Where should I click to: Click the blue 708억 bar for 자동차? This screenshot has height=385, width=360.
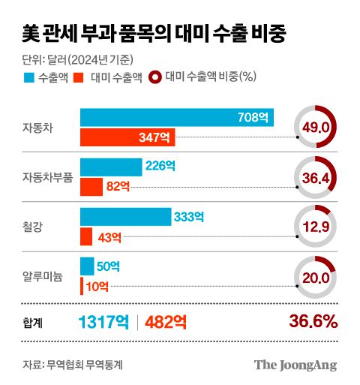177,118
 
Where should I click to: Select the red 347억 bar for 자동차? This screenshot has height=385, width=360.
128,137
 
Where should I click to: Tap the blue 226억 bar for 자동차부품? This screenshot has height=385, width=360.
111,167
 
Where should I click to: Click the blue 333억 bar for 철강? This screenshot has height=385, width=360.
125,217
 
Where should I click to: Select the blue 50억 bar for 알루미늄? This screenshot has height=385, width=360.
87,266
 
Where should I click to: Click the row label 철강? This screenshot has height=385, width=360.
36,227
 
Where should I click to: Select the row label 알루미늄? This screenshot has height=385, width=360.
42,277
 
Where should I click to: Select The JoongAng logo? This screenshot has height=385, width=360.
294,365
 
